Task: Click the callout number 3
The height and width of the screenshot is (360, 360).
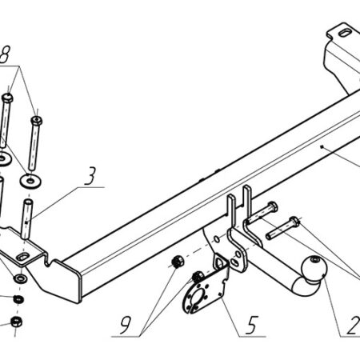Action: pos(90,176)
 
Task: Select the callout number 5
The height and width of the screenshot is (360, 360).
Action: pos(252,325)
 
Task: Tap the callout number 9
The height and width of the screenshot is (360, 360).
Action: pos(126,325)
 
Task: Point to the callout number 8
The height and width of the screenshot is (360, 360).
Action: pos(5,54)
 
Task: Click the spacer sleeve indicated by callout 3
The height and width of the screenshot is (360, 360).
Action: pos(26,218)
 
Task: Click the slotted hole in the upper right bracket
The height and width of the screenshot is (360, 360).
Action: pos(345,33)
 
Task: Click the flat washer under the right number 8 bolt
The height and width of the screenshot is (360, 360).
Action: pos(30,181)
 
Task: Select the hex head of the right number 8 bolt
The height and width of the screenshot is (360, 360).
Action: pos(37,121)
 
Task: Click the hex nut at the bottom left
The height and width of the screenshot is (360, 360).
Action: pos(17,322)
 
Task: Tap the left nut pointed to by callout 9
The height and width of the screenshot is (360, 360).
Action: pos(178,262)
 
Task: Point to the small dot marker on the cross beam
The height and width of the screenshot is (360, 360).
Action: pos(322,146)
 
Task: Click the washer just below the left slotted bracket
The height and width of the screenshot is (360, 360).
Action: pos(21,278)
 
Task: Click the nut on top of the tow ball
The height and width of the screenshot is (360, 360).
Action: pos(316,258)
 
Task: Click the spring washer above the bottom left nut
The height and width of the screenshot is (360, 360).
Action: pos(18,299)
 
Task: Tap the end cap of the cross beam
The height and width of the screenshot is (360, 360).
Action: pos(80,286)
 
